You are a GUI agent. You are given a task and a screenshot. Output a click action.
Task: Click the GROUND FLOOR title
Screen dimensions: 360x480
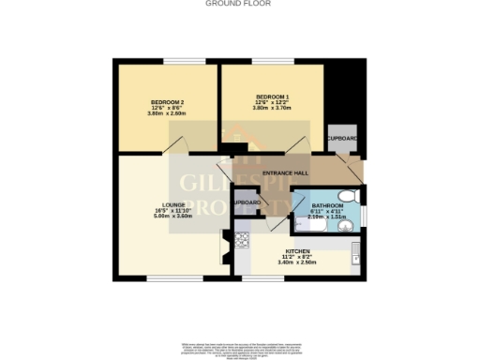(240, 4)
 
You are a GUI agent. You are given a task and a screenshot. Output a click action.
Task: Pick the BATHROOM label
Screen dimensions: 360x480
(328, 203)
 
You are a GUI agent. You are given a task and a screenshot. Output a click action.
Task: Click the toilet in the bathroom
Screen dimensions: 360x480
(348, 197)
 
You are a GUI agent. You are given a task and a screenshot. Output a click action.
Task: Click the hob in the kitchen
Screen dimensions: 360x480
(242, 241)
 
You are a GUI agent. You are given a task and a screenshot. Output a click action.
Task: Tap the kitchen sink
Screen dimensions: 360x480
(356, 253)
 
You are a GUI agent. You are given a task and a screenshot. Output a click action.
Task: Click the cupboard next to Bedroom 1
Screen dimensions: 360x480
(341, 139)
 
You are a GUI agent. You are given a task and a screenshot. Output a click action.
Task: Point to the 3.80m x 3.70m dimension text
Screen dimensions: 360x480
(271, 108)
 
